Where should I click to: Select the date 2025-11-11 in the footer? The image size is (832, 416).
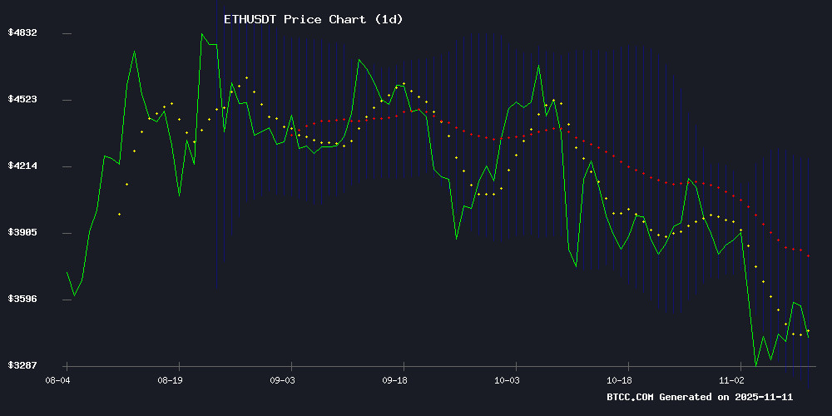[x=782, y=397]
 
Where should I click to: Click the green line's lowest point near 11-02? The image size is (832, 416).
[x=755, y=365]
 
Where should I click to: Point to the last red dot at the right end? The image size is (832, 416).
[x=808, y=255]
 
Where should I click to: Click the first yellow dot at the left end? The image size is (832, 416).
[x=119, y=214]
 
